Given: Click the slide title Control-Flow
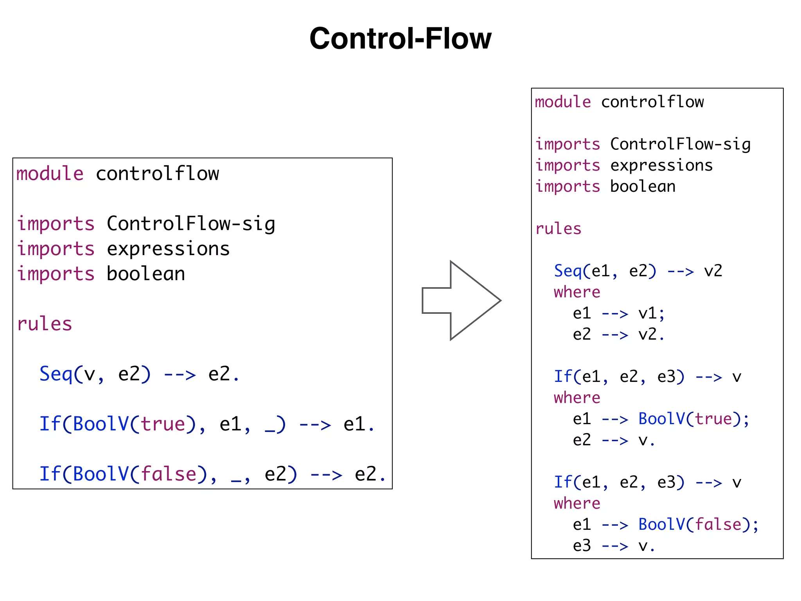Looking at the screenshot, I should click(x=400, y=38).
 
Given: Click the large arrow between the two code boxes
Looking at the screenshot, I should click(x=462, y=300).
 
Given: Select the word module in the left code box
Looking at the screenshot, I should click(x=50, y=174).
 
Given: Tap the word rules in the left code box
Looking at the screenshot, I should click(x=45, y=324).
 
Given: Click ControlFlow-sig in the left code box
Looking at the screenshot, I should click(x=191, y=224).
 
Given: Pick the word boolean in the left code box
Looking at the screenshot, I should click(x=145, y=274).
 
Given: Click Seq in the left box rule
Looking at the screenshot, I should click(x=56, y=374).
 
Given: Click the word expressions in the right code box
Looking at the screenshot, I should click(x=661, y=166).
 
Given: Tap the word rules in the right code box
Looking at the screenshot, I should click(x=558, y=229).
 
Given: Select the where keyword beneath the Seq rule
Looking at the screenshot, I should click(x=577, y=292).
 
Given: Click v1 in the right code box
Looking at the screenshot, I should click(x=647, y=313).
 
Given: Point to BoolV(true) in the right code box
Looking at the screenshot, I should click(x=691, y=419).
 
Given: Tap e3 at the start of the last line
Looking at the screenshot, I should click(x=582, y=546).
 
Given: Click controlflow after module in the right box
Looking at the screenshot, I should click(x=652, y=102).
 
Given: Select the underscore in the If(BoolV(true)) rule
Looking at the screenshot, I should click(x=270, y=430).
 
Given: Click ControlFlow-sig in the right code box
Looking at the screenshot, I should click(x=680, y=144).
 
